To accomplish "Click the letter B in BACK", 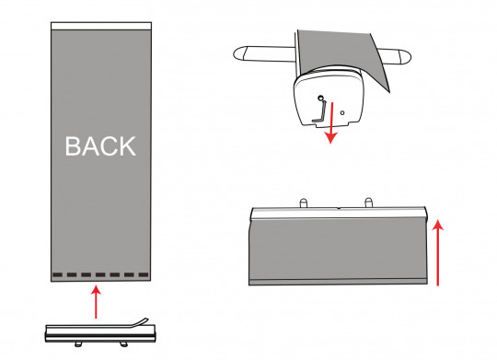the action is pos(72,145).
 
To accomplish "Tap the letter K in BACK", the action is pos(128,145).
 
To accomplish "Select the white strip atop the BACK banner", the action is pos(101,26).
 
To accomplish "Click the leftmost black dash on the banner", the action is pos(57,274).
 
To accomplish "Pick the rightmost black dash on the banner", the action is pos(144,274).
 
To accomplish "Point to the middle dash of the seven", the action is pos(100,274).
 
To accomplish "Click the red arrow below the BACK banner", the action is pos(96,302).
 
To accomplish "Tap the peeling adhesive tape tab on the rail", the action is pos(138,322).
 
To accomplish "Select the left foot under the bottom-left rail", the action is pos(78,344).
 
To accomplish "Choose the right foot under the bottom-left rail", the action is pos(124,344).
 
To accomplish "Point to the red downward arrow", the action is pos(331,122).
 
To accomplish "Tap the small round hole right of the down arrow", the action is pos(342,112).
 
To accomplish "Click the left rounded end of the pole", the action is pos(241,53).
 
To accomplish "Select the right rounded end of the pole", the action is pos(404,57).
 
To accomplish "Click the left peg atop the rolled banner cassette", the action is pos(304,203).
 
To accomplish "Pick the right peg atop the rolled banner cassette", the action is pos(369,203).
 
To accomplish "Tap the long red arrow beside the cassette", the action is pos(438,252).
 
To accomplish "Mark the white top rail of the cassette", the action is pos(339,213).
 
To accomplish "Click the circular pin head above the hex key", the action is pos(320,98).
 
